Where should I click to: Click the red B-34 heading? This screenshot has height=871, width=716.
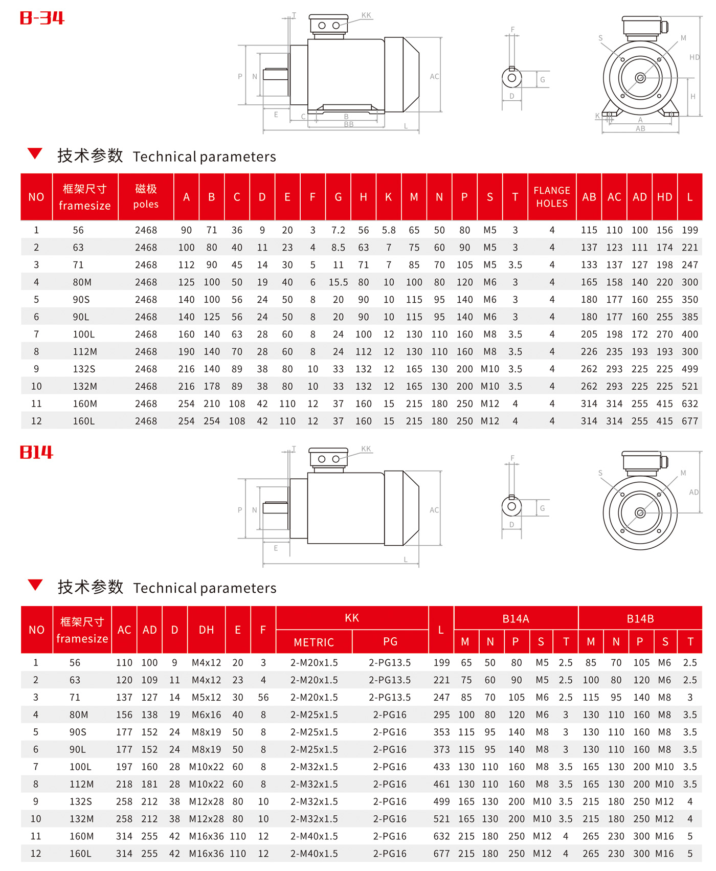(42, 18)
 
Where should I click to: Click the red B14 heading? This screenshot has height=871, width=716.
(36, 452)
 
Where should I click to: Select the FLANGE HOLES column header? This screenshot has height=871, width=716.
(552, 197)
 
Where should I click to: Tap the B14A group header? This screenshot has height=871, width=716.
(516, 619)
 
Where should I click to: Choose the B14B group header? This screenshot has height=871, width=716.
(640, 619)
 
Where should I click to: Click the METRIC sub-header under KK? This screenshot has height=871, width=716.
(314, 642)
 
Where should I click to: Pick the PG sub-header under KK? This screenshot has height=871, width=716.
(390, 642)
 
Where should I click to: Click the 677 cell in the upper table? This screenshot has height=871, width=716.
(690, 421)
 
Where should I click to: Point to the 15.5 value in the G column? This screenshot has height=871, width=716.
(338, 282)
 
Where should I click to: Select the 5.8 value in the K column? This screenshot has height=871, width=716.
(389, 230)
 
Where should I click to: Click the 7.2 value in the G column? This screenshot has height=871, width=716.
(338, 230)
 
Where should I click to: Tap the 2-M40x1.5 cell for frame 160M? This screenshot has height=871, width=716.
(314, 836)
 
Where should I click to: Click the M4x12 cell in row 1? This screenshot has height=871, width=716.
(207, 663)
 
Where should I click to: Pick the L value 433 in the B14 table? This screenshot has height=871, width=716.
(441, 767)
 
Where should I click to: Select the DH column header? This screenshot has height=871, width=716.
(207, 630)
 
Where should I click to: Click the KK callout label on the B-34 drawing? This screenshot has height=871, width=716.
(366, 15)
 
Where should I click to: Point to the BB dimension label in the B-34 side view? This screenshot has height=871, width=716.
(349, 124)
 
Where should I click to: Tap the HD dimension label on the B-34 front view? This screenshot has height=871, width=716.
(695, 57)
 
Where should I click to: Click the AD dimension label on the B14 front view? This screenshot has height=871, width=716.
(693, 493)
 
